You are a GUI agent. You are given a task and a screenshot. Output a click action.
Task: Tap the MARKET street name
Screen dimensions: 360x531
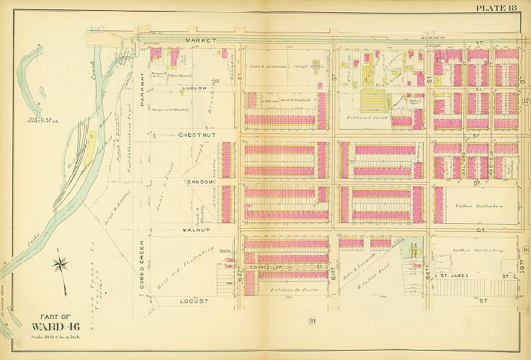point(196,41)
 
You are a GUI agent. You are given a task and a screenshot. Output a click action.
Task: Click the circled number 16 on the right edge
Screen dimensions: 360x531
point(525,250)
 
